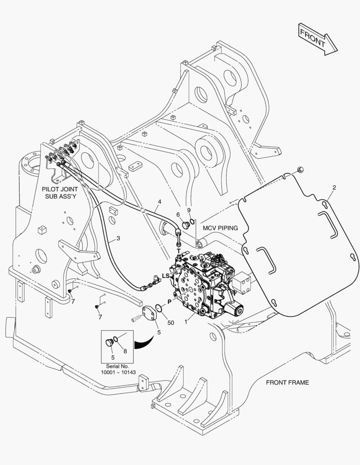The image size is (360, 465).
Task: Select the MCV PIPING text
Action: pos(220,228)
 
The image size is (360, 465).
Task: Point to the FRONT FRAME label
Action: pos(287,383)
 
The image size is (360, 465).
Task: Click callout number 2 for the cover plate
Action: pos(334,187)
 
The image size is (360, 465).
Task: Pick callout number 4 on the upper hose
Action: pos(160,201)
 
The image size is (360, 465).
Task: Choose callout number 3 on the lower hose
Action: pos(118,238)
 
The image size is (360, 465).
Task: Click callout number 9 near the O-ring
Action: pos(189,210)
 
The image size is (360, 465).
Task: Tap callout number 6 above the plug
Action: pos(178,215)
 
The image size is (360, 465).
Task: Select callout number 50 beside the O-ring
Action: pos(171,322)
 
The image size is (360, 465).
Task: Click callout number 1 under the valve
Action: pos(186,322)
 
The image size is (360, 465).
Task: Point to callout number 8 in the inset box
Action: pos(125,351)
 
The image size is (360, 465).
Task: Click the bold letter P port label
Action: pos(169,302)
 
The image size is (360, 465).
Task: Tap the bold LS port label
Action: pos(166,276)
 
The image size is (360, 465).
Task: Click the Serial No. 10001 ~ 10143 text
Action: pos(117,369)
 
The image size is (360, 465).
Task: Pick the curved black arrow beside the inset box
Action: pos(144,343)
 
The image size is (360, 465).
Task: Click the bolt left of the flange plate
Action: pos(135,319)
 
